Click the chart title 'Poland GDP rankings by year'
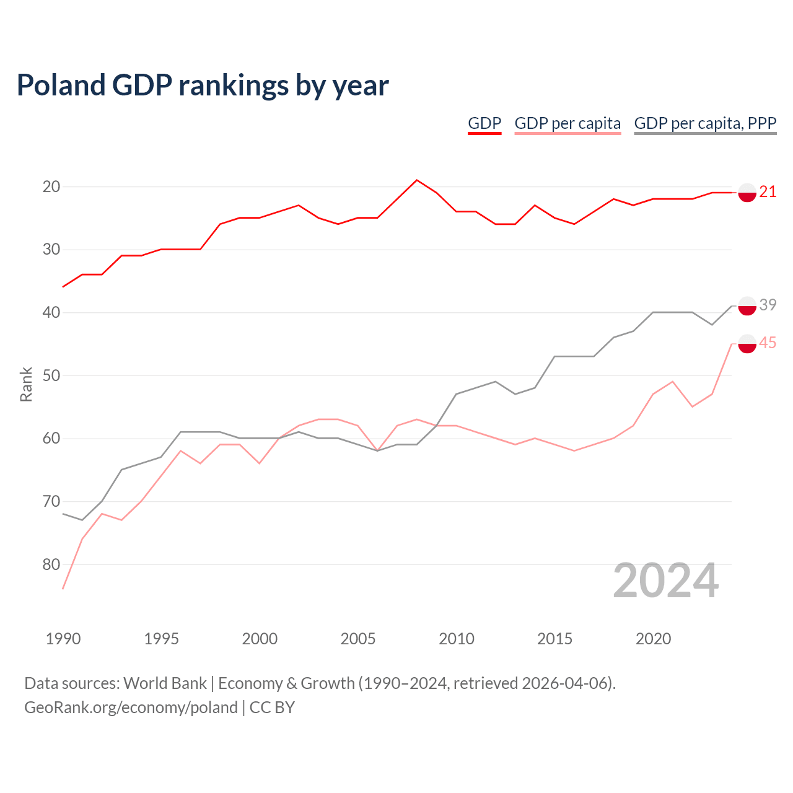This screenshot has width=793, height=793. tap(203, 85)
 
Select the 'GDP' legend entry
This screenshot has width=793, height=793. tap(484, 123)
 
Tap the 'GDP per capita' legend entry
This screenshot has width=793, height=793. tap(567, 123)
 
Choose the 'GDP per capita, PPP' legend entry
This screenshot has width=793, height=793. tap(705, 123)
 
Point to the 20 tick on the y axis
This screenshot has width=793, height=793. tap(51, 186)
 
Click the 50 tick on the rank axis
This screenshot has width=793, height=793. tap(51, 375)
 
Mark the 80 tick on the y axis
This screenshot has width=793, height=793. tap(51, 564)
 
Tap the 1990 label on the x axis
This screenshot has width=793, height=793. tap(63, 639)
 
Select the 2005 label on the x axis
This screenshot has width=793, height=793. tap(358, 639)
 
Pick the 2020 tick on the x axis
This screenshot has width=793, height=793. tap(653, 639)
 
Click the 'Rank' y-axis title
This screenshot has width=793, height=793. tap(26, 385)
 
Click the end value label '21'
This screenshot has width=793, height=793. tap(768, 192)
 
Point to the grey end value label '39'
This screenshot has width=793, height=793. tap(768, 305)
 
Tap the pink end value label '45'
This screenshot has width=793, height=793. tap(768, 343)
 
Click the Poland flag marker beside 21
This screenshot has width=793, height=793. tap(747, 193)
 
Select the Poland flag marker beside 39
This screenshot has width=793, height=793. tap(747, 306)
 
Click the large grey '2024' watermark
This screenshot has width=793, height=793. tap(666, 581)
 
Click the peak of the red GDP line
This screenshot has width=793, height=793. tap(417, 180)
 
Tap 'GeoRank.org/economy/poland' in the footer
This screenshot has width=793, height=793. tap(131, 708)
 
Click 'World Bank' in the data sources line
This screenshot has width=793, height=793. tap(165, 683)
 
